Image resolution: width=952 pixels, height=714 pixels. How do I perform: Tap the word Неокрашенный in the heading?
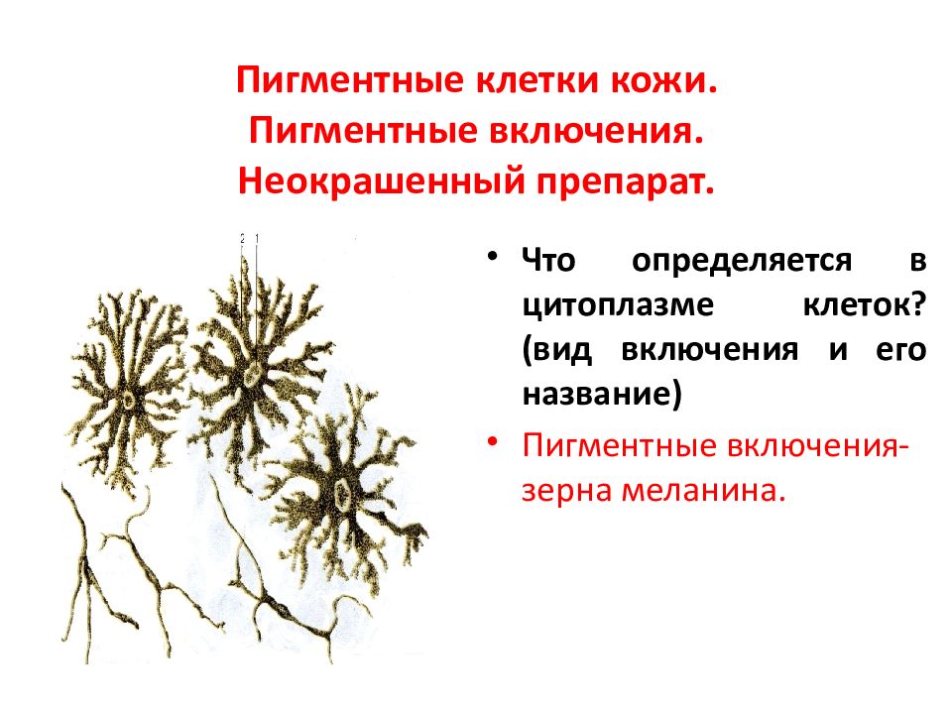[381, 180]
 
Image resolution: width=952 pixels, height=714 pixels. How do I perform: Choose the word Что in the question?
[548, 261]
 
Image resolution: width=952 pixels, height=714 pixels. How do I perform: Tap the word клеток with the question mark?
[865, 304]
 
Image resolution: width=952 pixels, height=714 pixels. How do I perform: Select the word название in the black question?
[602, 394]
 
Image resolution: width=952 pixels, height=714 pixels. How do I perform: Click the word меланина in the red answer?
[703, 490]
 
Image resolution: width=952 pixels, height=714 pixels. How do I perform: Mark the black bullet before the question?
[493, 256]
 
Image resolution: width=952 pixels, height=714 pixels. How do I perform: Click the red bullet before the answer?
[493, 440]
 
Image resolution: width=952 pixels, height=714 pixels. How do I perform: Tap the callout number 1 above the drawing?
[257, 239]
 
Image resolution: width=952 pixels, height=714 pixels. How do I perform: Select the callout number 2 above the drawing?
[242, 239]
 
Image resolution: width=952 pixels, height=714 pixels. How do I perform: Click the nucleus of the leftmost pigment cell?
[129, 400]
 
